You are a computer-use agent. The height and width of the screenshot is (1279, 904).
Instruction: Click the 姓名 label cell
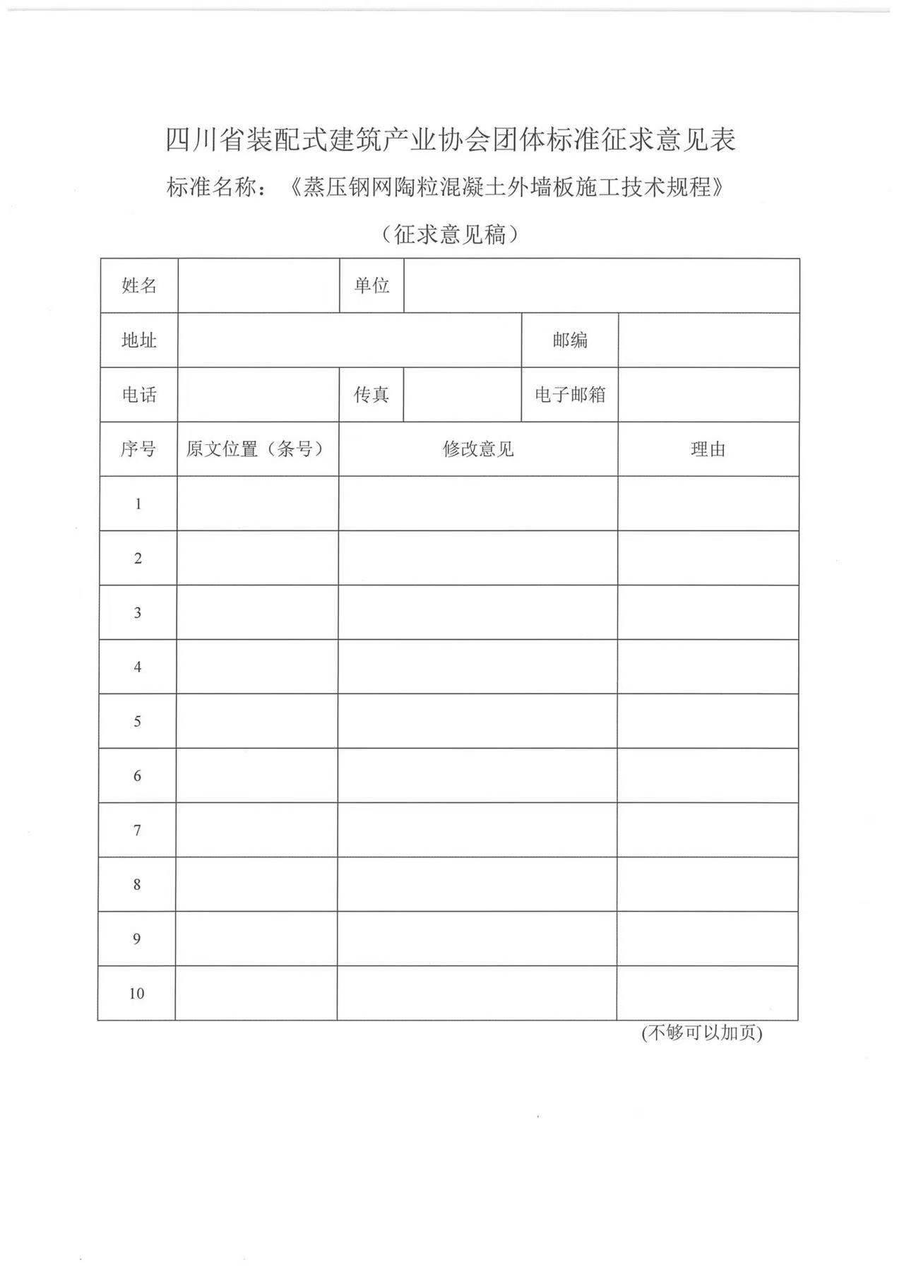[139, 286]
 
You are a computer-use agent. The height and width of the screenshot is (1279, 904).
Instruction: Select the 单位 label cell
[371, 286]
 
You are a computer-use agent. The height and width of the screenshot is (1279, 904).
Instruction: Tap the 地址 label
[139, 340]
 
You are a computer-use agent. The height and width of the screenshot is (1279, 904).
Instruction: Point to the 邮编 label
[570, 340]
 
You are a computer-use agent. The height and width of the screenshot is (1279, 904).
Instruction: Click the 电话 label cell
[139, 395]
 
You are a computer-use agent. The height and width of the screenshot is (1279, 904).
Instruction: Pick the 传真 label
[371, 395]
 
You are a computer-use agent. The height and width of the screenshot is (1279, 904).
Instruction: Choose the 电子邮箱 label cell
[570, 395]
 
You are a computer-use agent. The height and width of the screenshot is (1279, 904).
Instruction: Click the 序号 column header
[138, 449]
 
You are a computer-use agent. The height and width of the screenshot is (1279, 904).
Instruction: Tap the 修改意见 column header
[478, 449]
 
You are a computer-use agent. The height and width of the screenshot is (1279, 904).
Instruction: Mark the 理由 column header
[708, 449]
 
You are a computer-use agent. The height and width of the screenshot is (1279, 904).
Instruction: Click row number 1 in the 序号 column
[138, 504]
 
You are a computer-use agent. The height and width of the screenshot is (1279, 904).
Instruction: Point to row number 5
[137, 721]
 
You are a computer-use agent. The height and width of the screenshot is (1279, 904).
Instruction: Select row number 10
[136, 994]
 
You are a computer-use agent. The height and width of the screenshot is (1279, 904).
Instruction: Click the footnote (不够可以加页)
[702, 1033]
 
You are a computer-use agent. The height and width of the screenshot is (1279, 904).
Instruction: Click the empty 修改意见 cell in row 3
[478, 612]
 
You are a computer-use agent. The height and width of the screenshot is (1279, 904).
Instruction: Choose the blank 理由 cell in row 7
[708, 830]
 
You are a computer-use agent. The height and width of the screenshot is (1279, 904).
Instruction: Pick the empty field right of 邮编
[709, 340]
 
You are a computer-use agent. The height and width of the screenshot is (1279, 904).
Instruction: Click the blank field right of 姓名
[258, 286]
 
